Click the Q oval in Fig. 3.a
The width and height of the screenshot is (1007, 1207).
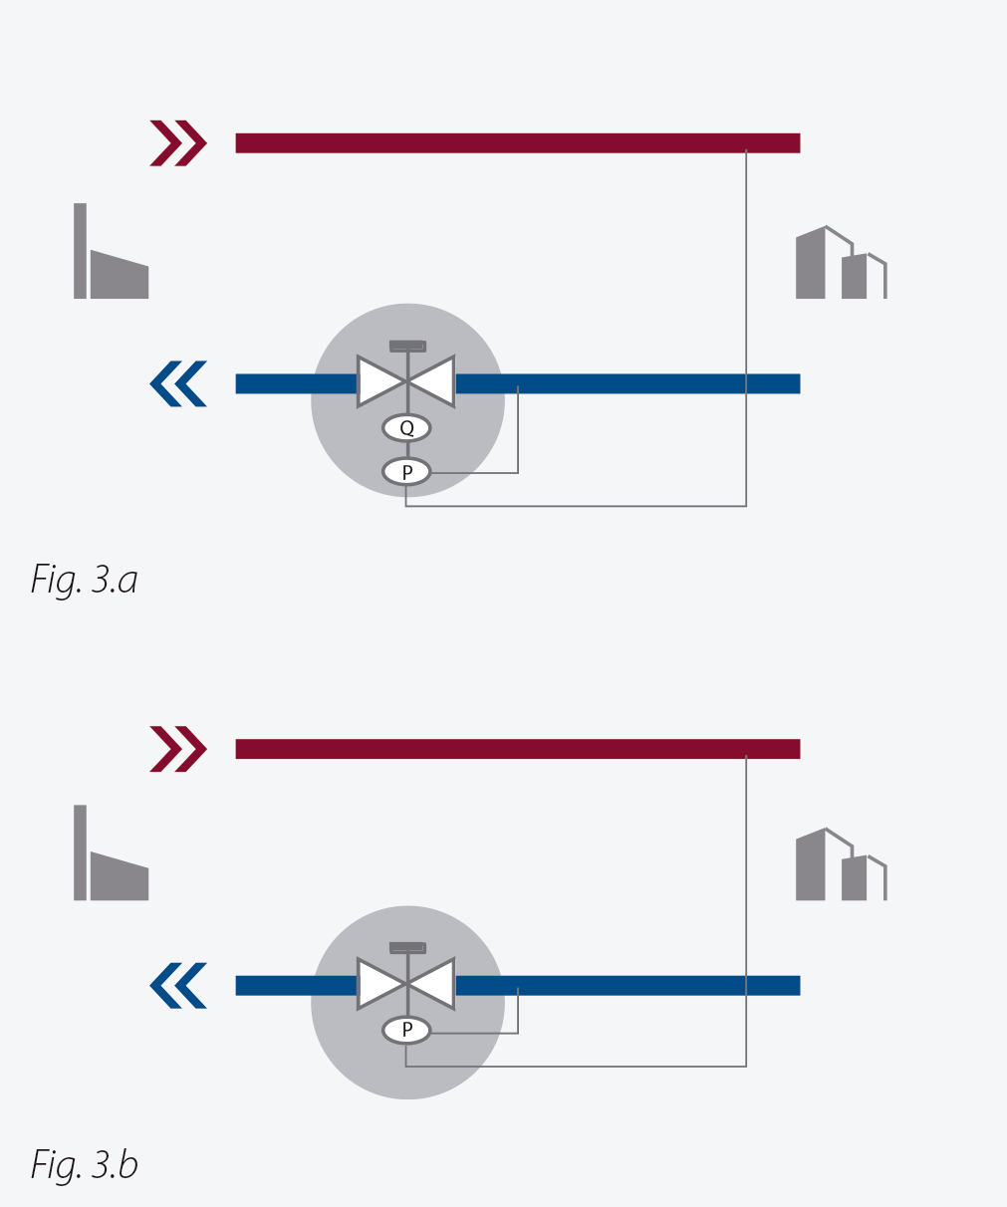click(x=406, y=428)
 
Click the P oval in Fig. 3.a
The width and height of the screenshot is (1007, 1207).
click(x=406, y=472)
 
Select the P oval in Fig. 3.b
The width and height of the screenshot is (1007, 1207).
click(x=406, y=1030)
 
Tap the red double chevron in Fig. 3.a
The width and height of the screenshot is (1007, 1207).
click(x=178, y=143)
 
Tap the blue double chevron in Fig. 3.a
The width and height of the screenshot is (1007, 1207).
click(x=178, y=383)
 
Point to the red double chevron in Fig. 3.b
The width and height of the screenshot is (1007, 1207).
click(x=178, y=749)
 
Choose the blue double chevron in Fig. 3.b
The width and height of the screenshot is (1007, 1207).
click(x=178, y=986)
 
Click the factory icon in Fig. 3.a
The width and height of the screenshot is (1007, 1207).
click(x=111, y=251)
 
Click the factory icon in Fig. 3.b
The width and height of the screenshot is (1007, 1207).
click(x=111, y=852)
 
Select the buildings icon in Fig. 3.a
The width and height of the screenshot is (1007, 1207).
click(x=841, y=262)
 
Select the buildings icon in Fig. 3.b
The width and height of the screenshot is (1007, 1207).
click(x=841, y=863)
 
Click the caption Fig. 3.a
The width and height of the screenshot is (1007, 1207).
click(x=85, y=580)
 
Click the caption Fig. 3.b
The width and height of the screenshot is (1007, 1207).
click(x=85, y=1163)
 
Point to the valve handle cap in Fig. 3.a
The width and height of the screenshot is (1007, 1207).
click(x=407, y=347)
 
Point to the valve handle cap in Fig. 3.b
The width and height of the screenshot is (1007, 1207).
click(x=407, y=948)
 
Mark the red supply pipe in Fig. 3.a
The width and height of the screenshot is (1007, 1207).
click(x=517, y=143)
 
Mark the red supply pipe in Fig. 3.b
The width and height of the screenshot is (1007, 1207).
click(x=517, y=749)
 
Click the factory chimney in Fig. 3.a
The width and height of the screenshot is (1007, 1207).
click(x=80, y=251)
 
